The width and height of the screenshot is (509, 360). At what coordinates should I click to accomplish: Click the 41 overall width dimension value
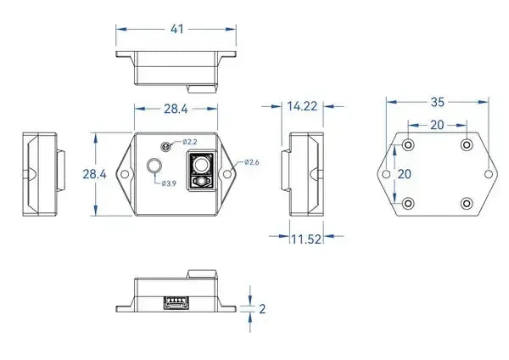pyautogui.click(x=177, y=28)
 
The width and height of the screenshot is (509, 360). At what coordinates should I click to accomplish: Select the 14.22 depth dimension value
pyautogui.click(x=303, y=106)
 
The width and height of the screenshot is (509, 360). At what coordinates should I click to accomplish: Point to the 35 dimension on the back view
pyautogui.click(x=438, y=102)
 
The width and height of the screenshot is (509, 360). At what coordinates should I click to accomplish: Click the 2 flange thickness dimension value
pyautogui.click(x=262, y=309)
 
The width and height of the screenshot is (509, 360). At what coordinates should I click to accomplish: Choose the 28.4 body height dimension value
pyautogui.click(x=94, y=174)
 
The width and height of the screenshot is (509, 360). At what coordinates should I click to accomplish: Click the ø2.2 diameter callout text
pyautogui.click(x=189, y=142)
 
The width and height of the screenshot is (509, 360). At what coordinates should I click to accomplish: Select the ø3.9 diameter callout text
pyautogui.click(x=168, y=184)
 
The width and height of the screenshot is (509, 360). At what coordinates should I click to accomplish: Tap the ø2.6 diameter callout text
pyautogui.click(x=252, y=162)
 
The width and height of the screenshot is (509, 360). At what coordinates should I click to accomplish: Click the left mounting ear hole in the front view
pyautogui.click(x=125, y=174)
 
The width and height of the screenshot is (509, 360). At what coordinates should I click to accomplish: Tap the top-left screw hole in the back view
pyautogui.click(x=408, y=145)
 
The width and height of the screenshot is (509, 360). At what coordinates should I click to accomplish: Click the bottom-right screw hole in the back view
pyautogui.click(x=467, y=204)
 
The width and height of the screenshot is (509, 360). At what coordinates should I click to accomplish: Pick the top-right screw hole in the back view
pyautogui.click(x=467, y=145)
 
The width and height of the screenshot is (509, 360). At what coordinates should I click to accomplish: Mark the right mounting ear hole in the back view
pyautogui.click(x=489, y=174)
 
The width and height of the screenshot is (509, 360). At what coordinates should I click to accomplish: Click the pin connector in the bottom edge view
pyautogui.click(x=176, y=301)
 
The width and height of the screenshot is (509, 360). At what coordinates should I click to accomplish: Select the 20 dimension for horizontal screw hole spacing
pyautogui.click(x=437, y=124)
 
